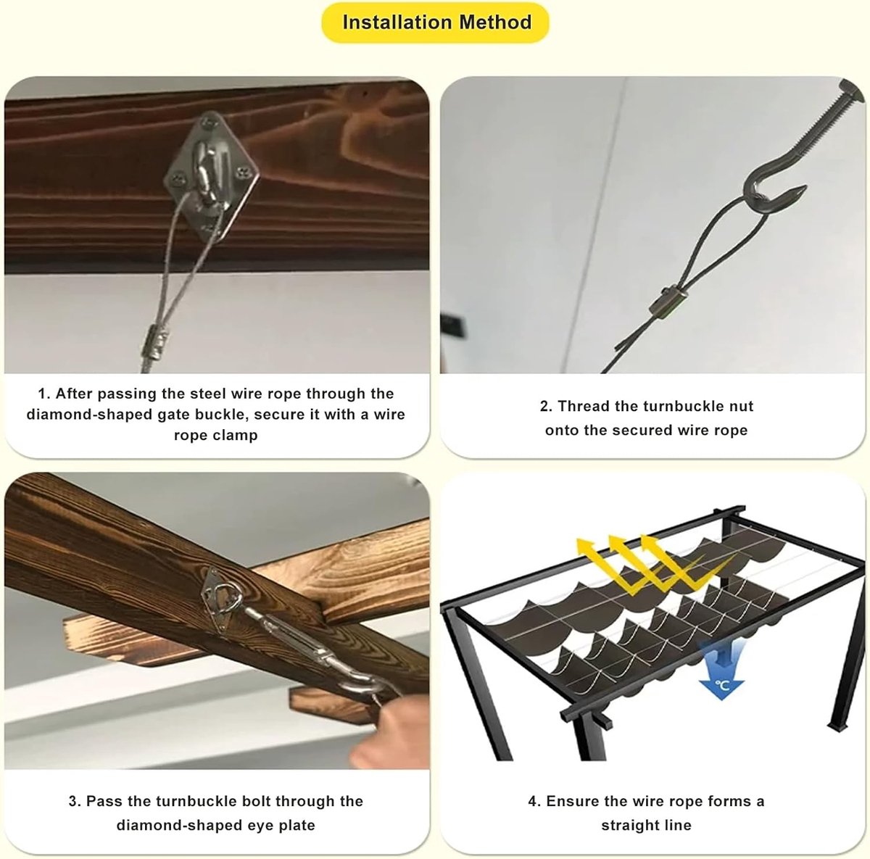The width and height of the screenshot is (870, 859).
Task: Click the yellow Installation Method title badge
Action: (x=435, y=22)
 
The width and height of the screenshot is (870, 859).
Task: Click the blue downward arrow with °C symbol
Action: (x=721, y=671)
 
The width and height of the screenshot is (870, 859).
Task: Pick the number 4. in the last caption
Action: (x=534, y=802)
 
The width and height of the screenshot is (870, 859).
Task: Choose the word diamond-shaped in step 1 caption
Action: (x=89, y=415)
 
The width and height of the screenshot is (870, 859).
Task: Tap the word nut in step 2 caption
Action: (x=742, y=406)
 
